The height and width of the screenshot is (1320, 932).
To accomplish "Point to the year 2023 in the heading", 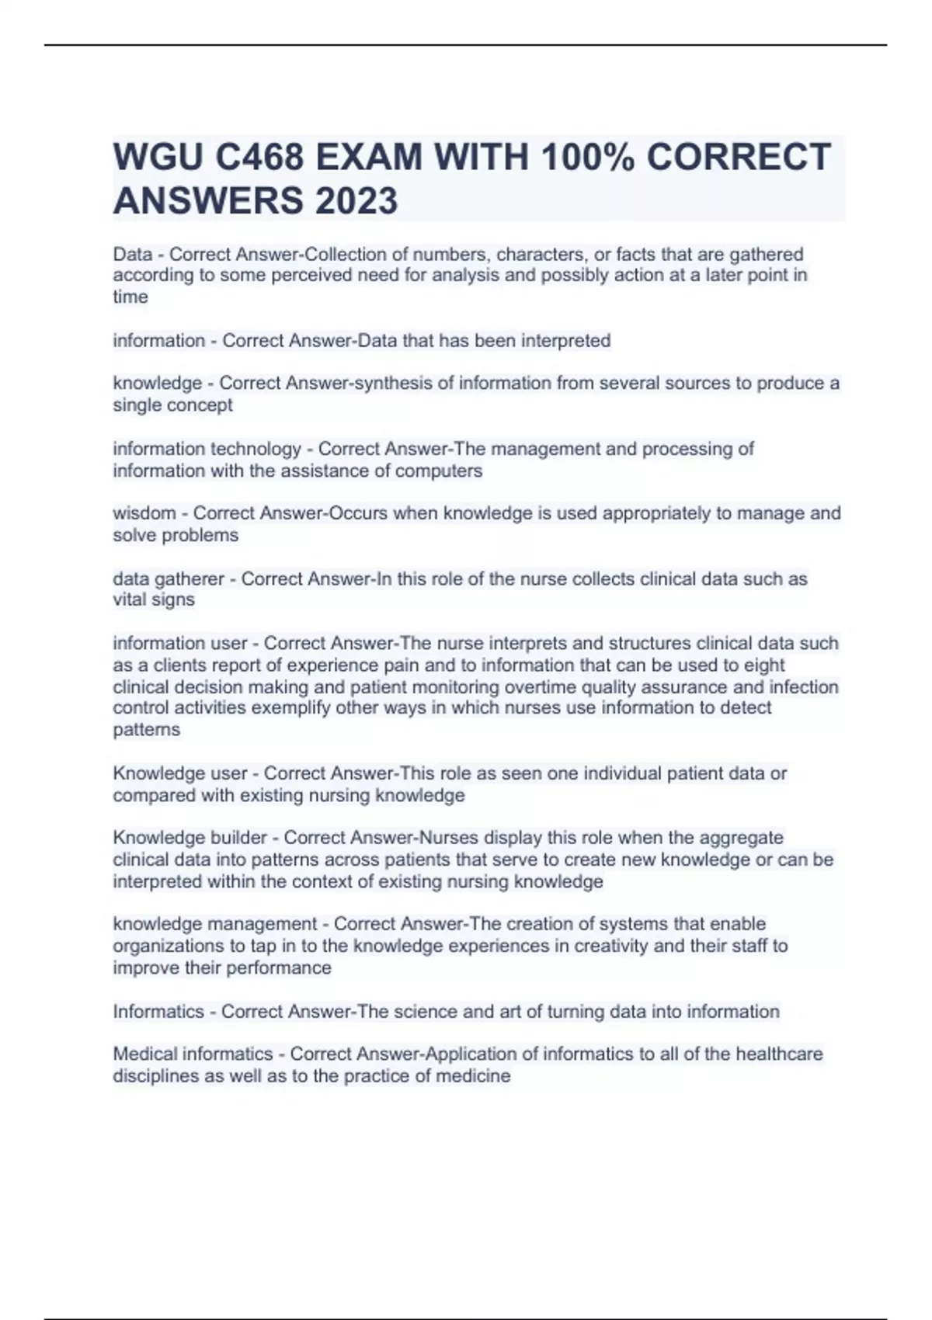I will (x=356, y=201).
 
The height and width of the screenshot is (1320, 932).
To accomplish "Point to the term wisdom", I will (x=144, y=513).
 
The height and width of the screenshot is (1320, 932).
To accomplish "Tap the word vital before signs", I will (x=130, y=600).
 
